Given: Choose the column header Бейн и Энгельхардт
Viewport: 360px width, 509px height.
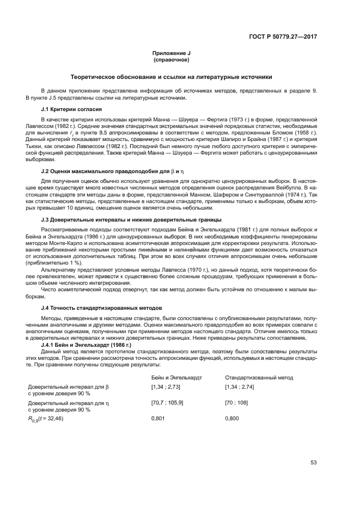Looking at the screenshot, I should [x=176, y=377].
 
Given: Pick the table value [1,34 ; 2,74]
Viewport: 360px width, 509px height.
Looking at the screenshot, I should [x=240, y=387].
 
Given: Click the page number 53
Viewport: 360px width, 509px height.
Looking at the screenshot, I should [x=313, y=463].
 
